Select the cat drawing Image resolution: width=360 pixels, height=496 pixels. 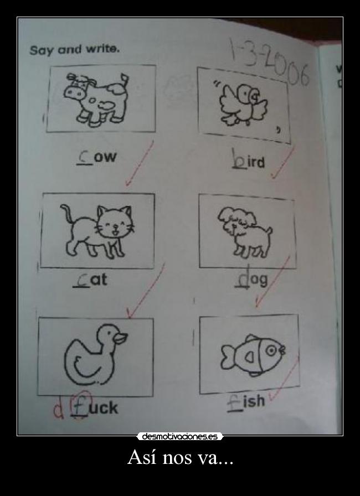96,231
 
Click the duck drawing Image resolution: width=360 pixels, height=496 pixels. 95,354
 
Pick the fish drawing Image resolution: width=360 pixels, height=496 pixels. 253,355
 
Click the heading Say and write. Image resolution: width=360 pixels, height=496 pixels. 74,50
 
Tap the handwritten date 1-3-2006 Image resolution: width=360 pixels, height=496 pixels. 269,61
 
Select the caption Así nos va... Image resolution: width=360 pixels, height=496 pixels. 181,457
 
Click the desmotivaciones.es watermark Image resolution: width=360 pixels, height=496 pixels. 179,437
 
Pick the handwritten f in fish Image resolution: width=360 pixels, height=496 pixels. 234,402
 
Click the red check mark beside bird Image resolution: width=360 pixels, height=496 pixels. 283,162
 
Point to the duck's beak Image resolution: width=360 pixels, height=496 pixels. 121,338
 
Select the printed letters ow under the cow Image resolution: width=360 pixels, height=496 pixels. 106,157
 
